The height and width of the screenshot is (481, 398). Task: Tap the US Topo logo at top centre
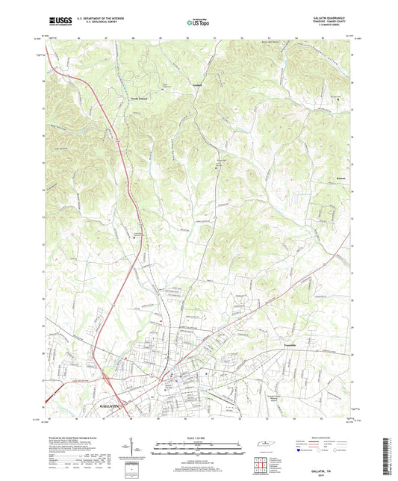(199, 23)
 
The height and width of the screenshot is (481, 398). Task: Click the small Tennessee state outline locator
(265, 445)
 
